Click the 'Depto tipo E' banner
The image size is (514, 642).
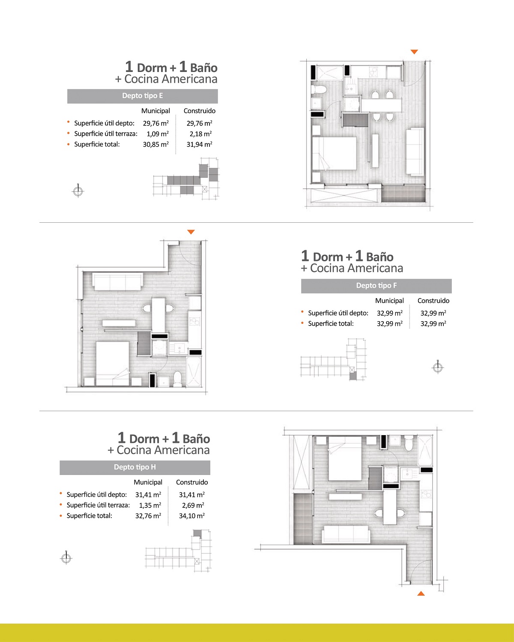click(x=142, y=96)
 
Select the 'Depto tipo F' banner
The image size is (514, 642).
click(x=376, y=286)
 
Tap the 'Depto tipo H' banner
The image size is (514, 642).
click(x=135, y=468)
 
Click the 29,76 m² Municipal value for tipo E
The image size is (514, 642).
click(x=156, y=123)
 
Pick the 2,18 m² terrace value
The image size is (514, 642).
click(x=201, y=134)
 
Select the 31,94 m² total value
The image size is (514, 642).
click(x=200, y=144)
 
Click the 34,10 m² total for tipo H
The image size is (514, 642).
click(x=192, y=516)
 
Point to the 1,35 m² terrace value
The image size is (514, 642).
click(x=150, y=505)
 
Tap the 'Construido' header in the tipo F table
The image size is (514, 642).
click(x=433, y=301)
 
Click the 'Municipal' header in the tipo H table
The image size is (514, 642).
click(x=148, y=482)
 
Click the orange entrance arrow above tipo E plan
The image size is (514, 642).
click(x=414, y=52)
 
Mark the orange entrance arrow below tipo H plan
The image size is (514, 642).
click(x=421, y=593)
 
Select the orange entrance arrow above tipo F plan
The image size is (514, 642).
click(x=191, y=232)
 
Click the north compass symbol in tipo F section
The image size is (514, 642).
click(x=438, y=367)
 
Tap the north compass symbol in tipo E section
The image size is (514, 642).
click(x=78, y=191)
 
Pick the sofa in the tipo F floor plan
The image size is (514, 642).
click(x=117, y=281)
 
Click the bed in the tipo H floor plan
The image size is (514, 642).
click(x=345, y=459)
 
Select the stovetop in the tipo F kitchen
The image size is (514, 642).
click(x=195, y=322)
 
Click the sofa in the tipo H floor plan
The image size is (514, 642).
click(x=346, y=535)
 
